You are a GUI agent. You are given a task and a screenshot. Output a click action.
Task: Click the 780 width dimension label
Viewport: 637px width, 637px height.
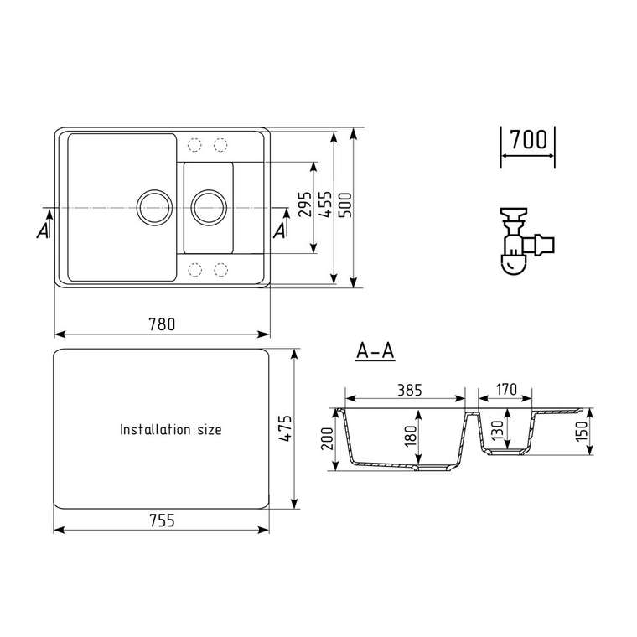(x=162, y=324)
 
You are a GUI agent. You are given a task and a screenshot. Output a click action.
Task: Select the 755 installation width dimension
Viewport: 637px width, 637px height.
(x=162, y=520)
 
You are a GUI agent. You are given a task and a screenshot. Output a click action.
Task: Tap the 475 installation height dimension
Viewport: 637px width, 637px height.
(x=285, y=428)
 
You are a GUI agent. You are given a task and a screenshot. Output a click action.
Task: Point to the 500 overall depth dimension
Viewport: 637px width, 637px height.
(x=345, y=205)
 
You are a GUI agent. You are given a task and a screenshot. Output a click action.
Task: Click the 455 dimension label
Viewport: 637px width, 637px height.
(x=325, y=205)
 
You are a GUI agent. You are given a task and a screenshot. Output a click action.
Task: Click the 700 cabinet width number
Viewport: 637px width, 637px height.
(x=528, y=139)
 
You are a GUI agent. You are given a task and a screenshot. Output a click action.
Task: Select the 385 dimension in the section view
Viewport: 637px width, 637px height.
(x=410, y=390)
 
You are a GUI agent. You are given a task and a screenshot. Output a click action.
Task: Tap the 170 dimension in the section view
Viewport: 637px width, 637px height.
(x=506, y=389)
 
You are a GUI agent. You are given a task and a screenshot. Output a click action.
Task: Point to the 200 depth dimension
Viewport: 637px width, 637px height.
(x=328, y=438)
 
